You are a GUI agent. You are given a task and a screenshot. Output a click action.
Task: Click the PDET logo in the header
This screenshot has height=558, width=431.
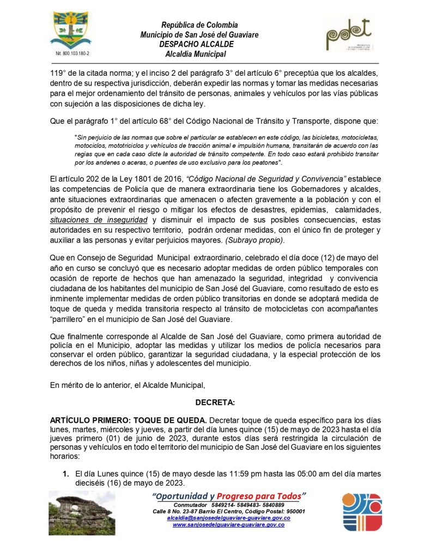click(348, 37)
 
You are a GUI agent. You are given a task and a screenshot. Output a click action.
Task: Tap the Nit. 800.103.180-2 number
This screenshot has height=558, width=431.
click(72, 54)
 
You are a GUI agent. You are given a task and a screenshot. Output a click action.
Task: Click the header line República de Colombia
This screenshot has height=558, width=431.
click(199, 25)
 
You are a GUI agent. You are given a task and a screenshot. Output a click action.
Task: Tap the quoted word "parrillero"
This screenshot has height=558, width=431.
click(72, 319)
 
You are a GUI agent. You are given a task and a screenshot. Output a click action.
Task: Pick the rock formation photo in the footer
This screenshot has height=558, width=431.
click(82, 513)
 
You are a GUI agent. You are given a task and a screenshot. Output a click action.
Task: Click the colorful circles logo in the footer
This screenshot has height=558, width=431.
click(361, 512)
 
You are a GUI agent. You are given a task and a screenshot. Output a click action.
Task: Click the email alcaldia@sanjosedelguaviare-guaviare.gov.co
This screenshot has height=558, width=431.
click(228, 518)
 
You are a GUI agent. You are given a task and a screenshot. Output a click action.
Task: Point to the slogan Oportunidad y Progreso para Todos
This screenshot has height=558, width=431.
click(229, 496)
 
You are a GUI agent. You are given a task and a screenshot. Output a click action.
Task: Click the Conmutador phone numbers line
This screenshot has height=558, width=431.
click(228, 505)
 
